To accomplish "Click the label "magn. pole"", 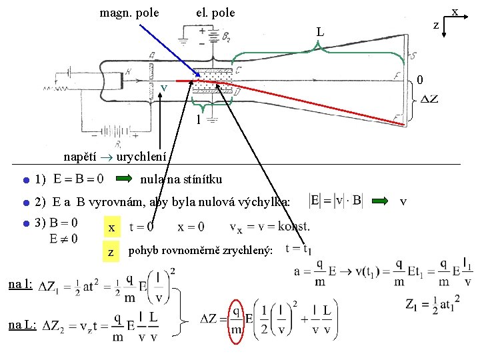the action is click(x=129, y=12).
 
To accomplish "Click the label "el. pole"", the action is click(x=215, y=12).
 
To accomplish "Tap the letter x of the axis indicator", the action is click(x=455, y=11).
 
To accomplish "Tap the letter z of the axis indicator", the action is click(x=436, y=25).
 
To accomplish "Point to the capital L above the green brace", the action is click(x=321, y=32).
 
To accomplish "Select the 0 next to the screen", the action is click(x=420, y=80).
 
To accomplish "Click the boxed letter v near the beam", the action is click(x=163, y=89).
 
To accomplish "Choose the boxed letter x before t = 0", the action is click(x=112, y=228).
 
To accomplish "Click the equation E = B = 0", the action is click(x=78, y=179).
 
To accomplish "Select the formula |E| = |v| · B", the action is click(x=336, y=200).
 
